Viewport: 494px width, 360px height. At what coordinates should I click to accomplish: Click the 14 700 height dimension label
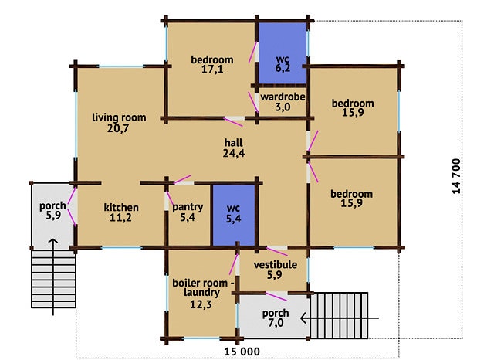click(x=456, y=176)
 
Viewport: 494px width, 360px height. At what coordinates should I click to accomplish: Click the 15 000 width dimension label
click(x=242, y=352)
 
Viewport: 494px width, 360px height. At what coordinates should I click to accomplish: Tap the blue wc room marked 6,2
click(x=283, y=53)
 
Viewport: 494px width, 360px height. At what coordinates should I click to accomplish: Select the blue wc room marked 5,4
click(x=233, y=215)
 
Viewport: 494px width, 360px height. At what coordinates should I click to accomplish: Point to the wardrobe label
click(x=283, y=97)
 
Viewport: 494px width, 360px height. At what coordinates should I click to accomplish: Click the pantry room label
click(x=188, y=207)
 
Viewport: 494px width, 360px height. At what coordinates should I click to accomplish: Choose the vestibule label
click(x=276, y=264)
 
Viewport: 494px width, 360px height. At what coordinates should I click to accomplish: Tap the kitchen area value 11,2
click(x=121, y=218)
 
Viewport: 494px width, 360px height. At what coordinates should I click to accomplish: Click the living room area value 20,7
click(x=118, y=128)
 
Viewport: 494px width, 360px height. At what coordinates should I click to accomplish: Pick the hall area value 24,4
click(x=234, y=153)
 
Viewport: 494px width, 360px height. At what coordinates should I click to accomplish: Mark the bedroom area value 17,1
click(x=212, y=70)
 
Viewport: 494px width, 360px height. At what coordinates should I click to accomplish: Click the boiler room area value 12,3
click(x=201, y=304)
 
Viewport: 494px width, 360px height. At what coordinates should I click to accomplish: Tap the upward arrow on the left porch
click(x=53, y=277)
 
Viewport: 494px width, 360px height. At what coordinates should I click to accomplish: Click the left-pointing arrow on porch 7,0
click(x=340, y=318)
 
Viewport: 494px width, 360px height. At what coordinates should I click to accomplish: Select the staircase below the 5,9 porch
click(x=53, y=279)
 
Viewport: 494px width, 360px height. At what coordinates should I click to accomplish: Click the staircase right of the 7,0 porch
click(x=339, y=315)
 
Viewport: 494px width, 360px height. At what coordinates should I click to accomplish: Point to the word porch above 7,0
click(x=276, y=314)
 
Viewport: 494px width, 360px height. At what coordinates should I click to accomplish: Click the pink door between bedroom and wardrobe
click(x=253, y=101)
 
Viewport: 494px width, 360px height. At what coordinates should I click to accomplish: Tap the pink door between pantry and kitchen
click(x=170, y=198)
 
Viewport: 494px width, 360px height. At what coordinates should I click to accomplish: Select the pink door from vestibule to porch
click(x=276, y=297)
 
